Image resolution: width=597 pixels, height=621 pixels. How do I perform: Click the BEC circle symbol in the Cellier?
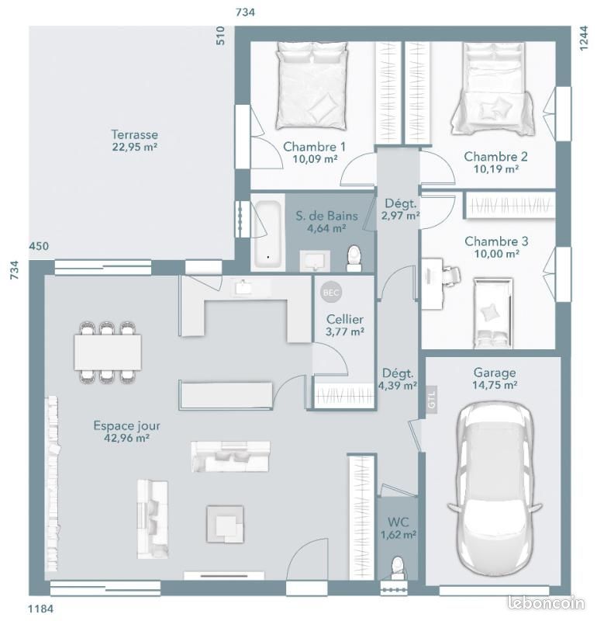pyautogui.click(x=331, y=293)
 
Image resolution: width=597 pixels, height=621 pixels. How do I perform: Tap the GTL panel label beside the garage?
pyautogui.click(x=431, y=400)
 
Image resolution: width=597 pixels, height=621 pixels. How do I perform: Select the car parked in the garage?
pyautogui.click(x=495, y=487)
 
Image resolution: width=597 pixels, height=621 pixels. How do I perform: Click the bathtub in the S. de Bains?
pyautogui.click(x=268, y=234)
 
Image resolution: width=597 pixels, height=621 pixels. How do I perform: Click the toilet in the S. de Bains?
pyautogui.click(x=354, y=258)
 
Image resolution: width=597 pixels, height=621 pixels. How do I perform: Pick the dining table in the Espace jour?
pyautogui.click(x=108, y=352)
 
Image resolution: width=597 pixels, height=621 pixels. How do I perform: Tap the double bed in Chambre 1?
pyautogui.click(x=312, y=85)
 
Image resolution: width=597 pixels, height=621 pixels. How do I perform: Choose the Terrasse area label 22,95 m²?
pyautogui.click(x=135, y=147)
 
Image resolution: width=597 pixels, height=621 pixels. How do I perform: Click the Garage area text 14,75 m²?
pyautogui.click(x=495, y=385)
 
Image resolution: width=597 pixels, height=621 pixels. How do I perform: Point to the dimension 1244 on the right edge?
pyautogui.click(x=584, y=37)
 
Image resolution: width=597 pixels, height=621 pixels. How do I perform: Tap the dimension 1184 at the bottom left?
pyautogui.click(x=40, y=609)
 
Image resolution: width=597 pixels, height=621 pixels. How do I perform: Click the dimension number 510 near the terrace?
pyautogui.click(x=220, y=35)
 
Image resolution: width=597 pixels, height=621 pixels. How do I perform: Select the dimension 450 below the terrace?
pyautogui.click(x=39, y=246)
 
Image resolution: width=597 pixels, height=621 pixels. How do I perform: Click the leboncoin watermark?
pyautogui.click(x=546, y=602)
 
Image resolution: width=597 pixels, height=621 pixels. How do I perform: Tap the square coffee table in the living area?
pyautogui.click(x=225, y=524)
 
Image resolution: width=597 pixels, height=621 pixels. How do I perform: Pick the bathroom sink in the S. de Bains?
pyautogui.click(x=315, y=261)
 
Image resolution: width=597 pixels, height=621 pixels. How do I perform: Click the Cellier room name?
pyautogui.click(x=345, y=319)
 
